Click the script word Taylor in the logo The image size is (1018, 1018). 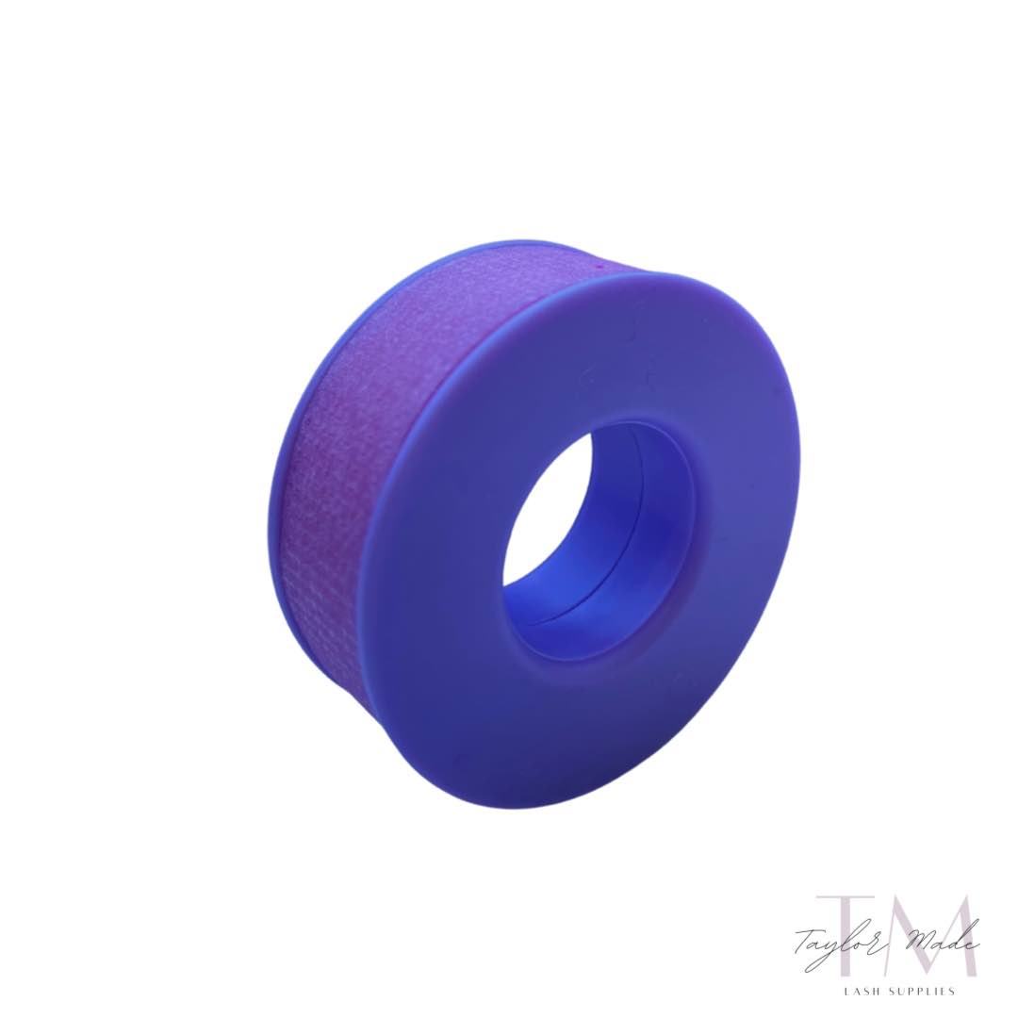(829, 943)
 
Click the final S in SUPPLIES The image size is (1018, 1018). (953, 991)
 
